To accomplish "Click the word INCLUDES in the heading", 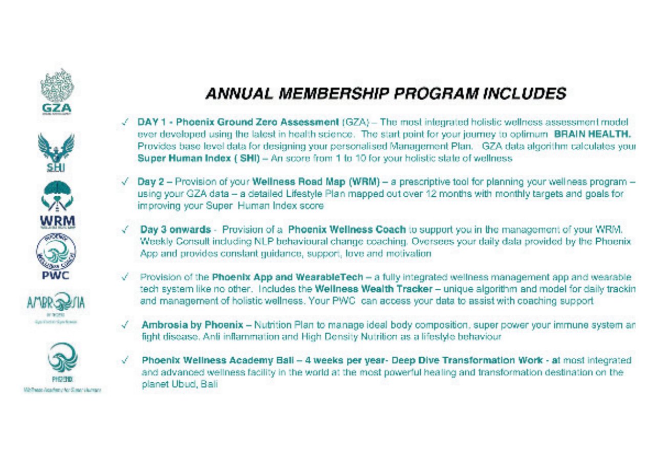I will click(522, 94).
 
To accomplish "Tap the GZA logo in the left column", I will click(57, 92).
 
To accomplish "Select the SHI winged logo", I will click(56, 152).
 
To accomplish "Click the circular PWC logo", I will click(56, 253).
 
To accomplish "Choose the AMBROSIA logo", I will click(57, 305).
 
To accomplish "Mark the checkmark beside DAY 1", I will click(126, 123).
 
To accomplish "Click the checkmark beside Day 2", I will click(126, 181).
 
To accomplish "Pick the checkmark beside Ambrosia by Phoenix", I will click(126, 325).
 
